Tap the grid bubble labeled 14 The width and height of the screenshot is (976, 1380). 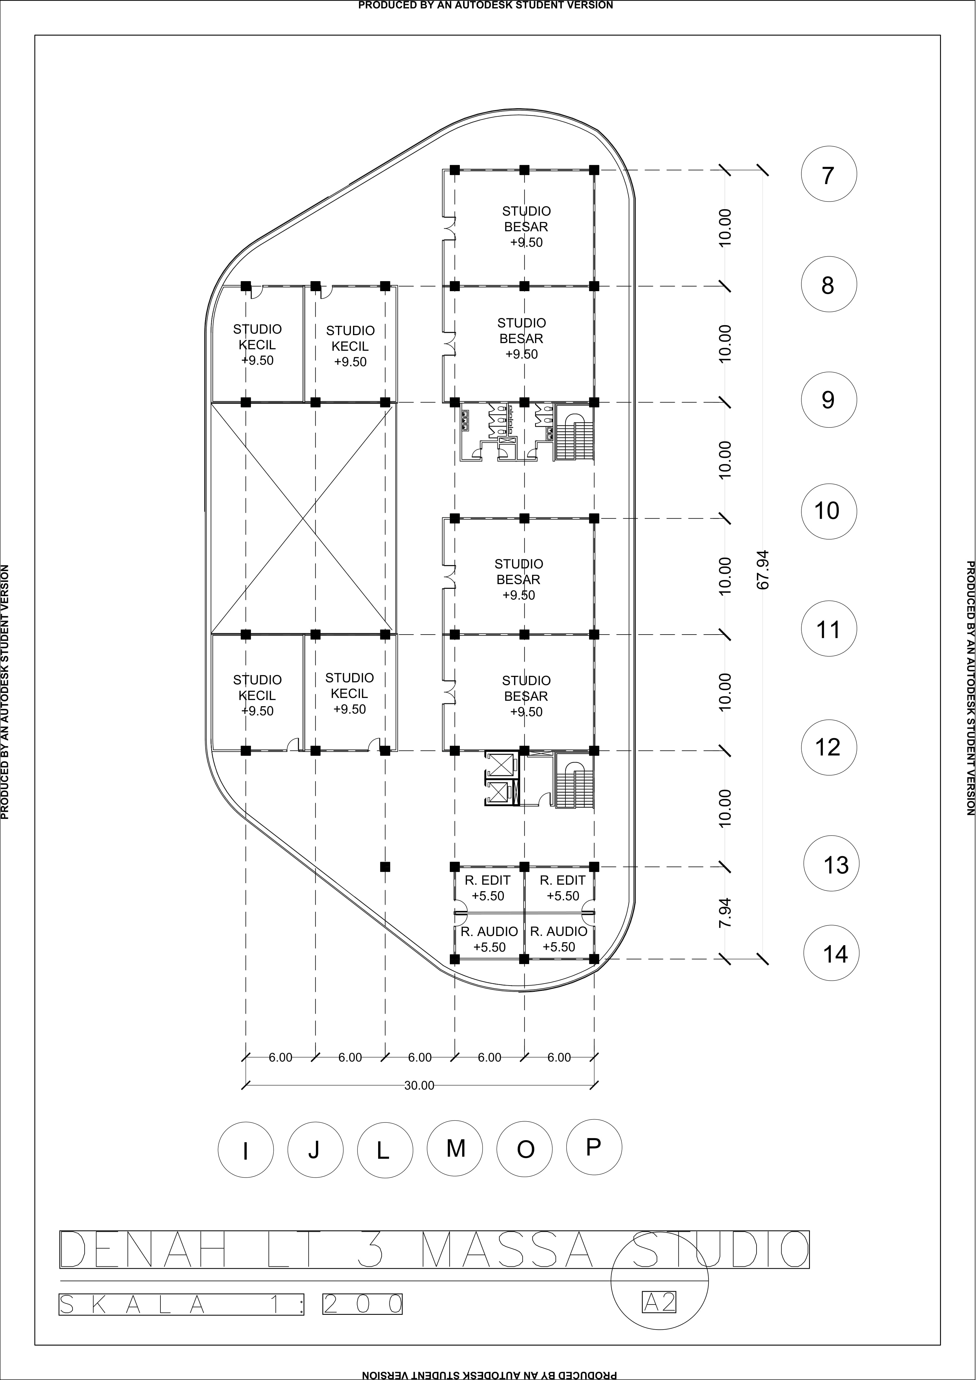click(832, 954)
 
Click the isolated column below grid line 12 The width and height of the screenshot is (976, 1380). click(385, 867)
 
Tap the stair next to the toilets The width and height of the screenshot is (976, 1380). click(574, 433)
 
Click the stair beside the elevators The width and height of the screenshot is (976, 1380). click(574, 781)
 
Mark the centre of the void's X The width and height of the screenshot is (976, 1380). click(302, 518)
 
